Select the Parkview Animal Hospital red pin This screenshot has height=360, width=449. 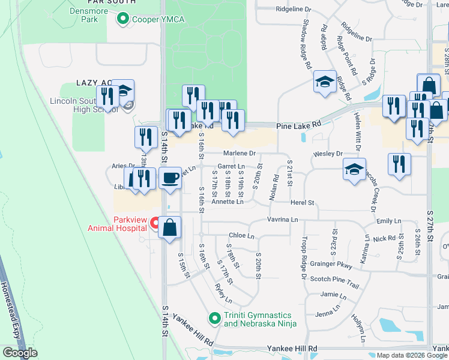[x=154, y=224]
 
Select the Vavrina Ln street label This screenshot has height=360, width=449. [x=283, y=220]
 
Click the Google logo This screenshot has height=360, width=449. [x=20, y=353]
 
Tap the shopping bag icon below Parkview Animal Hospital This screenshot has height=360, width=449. [x=170, y=227]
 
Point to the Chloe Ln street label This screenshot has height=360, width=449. [x=242, y=235]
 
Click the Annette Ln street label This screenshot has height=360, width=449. [x=227, y=202]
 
